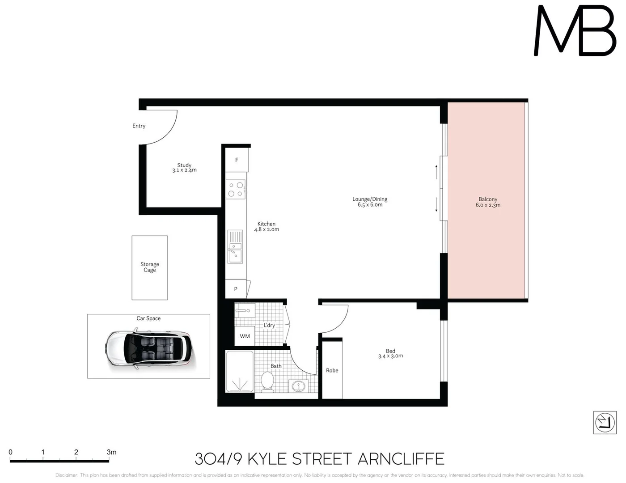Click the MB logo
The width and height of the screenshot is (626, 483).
575,30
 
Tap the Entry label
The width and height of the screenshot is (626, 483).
139,126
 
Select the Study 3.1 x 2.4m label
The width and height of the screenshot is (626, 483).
184,167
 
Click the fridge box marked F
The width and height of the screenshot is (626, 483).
237,160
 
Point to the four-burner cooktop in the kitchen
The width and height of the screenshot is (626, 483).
236,189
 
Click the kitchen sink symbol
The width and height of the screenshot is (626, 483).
235,246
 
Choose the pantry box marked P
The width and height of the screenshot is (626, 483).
236,289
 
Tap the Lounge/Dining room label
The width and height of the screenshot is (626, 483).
370,202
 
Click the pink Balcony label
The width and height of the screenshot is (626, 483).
488,202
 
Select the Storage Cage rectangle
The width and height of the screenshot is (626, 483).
149,267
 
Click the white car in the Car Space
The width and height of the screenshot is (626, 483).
150,348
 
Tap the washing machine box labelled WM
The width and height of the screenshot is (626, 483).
245,336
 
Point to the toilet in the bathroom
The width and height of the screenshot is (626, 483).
267,382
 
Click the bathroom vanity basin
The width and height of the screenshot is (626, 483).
298,386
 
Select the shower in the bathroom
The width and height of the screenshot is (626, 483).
240,371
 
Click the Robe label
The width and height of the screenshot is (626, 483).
332,370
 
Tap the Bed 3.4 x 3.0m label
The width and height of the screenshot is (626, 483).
391,353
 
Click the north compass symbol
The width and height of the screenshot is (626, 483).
605,423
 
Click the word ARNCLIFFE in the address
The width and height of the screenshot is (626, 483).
401,459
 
